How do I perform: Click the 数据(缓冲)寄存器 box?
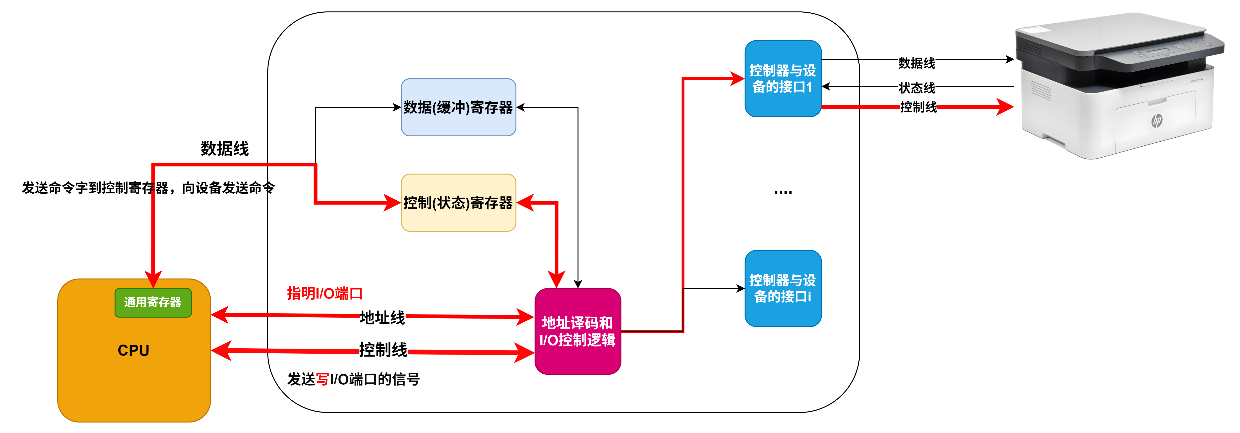point(458,107)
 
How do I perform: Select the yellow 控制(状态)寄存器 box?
point(458,202)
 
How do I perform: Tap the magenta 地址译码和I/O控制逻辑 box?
point(578,331)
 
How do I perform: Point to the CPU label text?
point(133,350)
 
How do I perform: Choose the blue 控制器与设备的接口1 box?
point(783,78)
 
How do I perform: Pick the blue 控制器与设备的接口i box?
point(783,288)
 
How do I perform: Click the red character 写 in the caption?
point(322,379)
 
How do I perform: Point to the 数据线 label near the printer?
point(917,63)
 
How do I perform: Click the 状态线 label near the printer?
point(917,88)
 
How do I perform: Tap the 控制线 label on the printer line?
point(919,107)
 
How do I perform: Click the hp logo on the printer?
point(1157,120)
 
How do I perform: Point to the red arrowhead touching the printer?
point(1005,107)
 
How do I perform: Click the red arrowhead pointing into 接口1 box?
point(736,78)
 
